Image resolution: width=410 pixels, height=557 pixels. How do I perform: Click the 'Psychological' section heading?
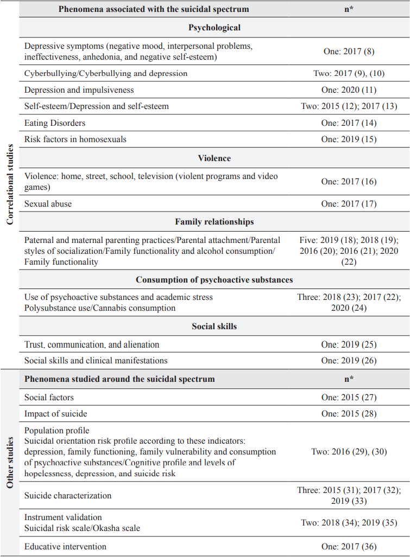(215, 27)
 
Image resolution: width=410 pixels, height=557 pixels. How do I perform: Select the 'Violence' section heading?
(215, 158)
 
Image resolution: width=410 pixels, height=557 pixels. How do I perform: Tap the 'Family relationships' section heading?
(215, 222)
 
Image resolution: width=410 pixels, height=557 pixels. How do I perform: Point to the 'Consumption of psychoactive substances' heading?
(215, 280)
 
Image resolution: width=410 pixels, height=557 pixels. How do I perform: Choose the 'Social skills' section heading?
(215, 326)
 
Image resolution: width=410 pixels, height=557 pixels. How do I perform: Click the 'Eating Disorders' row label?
(55, 123)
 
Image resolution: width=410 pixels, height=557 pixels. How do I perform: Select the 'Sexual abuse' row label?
(48, 204)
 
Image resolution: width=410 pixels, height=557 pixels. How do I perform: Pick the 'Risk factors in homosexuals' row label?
(75, 139)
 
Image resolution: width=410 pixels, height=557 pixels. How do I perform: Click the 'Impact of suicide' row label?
(56, 414)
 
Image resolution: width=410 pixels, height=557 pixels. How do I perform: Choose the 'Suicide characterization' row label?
(68, 495)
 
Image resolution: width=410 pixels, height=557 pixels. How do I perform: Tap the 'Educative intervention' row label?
(65, 546)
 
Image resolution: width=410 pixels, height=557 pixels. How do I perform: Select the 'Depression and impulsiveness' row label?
(79, 90)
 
